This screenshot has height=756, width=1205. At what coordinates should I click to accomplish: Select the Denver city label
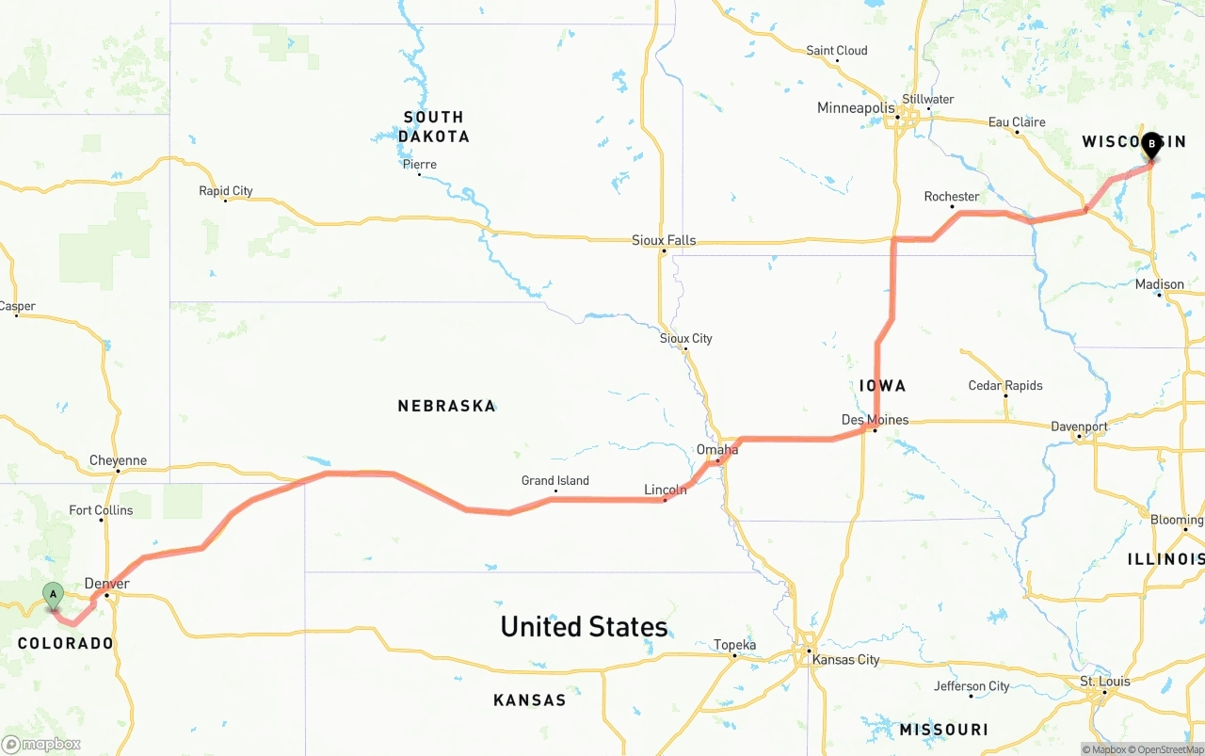(106, 584)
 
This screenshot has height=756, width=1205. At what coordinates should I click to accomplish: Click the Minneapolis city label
(856, 108)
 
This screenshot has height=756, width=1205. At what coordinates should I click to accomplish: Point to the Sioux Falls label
(664, 240)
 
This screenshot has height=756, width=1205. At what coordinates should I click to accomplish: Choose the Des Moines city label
(875, 420)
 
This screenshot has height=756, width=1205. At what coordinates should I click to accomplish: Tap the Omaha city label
(717, 450)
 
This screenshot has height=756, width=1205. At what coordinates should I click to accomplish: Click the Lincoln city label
(665, 490)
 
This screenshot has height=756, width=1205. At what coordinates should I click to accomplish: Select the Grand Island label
(555, 480)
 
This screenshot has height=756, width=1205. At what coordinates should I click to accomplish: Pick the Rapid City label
(226, 191)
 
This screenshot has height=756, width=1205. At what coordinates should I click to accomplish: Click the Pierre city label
(419, 165)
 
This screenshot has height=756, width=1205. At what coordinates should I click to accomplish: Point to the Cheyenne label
(118, 460)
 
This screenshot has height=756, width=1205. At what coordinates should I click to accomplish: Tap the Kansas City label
(845, 659)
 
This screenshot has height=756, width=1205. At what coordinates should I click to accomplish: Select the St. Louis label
(1105, 681)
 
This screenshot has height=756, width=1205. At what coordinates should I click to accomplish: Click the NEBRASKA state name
(446, 406)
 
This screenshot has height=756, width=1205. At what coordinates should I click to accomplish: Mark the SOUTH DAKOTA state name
(433, 126)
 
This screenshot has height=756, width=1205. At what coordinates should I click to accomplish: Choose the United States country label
(584, 627)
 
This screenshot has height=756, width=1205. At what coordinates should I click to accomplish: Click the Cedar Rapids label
(1005, 385)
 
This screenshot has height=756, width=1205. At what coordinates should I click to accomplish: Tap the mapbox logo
(41, 744)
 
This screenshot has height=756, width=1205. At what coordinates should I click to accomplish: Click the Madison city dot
(1160, 295)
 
